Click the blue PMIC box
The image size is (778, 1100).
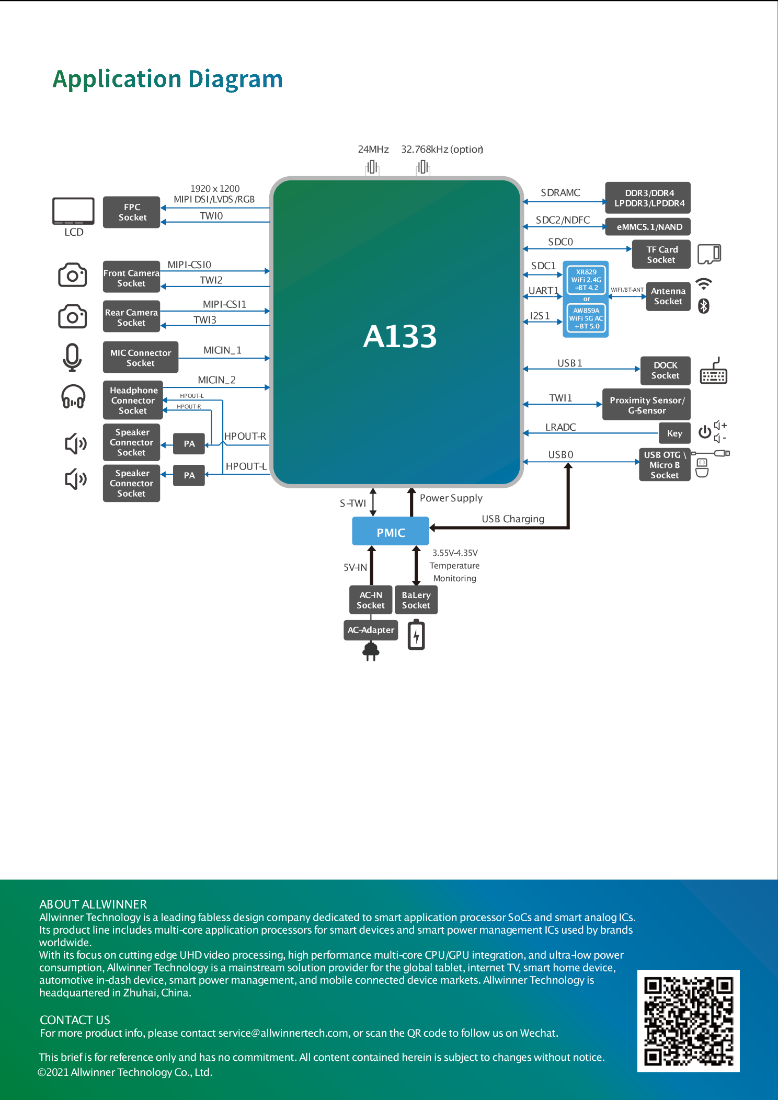(391, 532)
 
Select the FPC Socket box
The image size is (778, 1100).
(132, 212)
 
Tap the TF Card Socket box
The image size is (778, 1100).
(661, 255)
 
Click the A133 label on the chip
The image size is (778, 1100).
(399, 336)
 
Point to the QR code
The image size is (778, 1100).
(688, 1021)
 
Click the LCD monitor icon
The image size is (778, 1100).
(73, 211)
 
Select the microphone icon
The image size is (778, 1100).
(72, 357)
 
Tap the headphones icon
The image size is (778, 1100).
(73, 397)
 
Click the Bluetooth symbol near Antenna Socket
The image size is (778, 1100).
(704, 306)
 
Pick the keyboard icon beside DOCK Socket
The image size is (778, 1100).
(714, 372)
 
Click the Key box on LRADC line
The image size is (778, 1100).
(674, 433)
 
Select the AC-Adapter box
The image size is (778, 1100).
(371, 630)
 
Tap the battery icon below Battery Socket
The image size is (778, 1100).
(416, 635)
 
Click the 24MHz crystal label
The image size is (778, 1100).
(373, 150)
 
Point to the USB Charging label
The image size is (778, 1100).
(512, 519)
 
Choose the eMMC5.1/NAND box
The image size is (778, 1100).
(649, 227)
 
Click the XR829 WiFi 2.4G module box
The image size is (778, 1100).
(586, 280)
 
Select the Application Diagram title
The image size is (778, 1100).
(167, 79)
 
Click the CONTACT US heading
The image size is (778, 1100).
(75, 1020)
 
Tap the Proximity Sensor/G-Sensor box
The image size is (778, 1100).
(646, 405)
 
